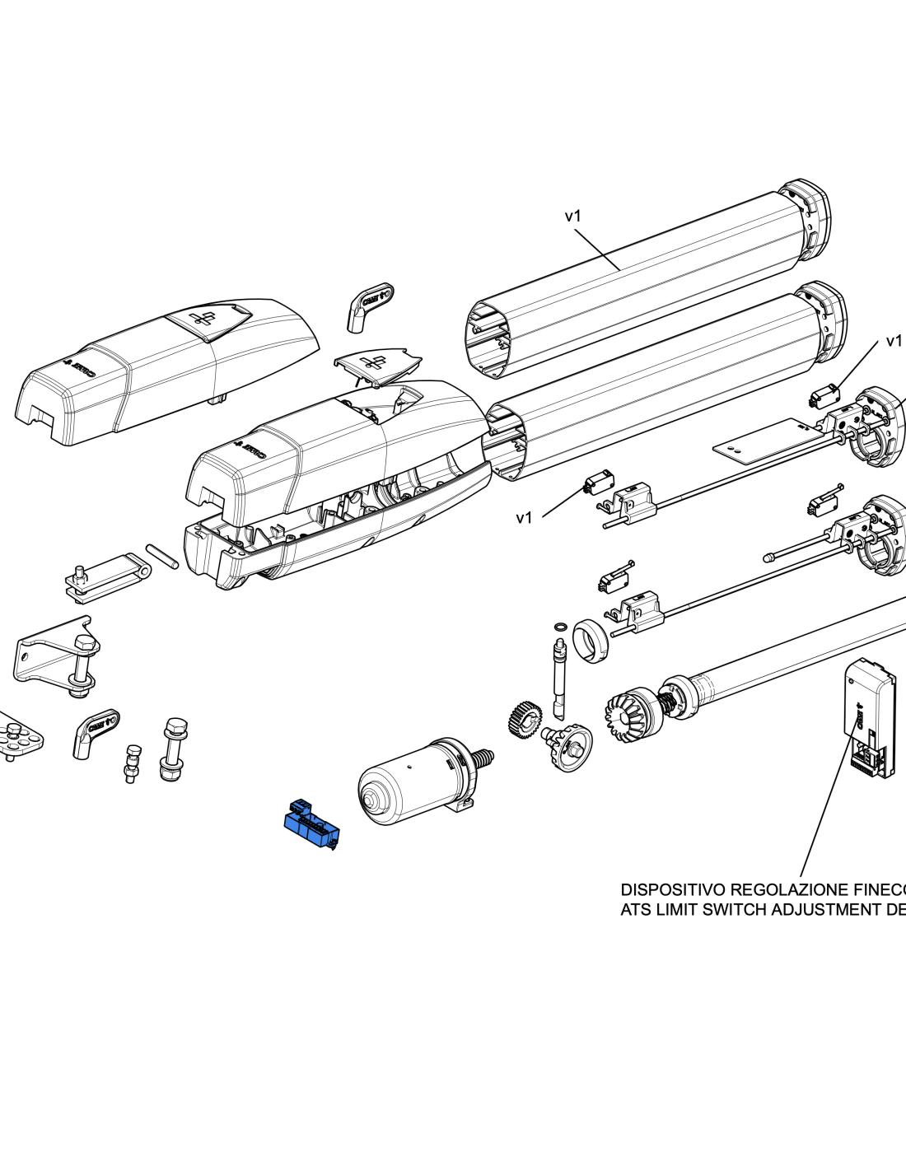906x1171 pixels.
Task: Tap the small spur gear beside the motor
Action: click(524, 718)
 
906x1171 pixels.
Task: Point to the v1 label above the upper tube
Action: click(572, 216)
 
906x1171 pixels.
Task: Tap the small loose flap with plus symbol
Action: click(377, 363)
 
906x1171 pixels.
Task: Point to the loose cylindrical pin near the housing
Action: click(162, 556)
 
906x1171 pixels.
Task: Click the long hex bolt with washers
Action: click(173, 749)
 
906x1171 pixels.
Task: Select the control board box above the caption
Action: click(871, 716)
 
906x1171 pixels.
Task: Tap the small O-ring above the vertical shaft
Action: click(560, 627)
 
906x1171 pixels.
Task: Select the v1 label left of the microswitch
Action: click(524, 517)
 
